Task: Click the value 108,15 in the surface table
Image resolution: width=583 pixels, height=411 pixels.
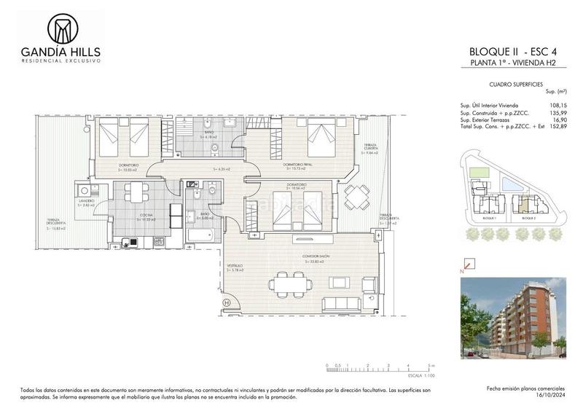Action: point(556,106)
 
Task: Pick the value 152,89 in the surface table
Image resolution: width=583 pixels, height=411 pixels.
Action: point(556,128)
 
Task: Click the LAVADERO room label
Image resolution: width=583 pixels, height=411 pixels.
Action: point(87,200)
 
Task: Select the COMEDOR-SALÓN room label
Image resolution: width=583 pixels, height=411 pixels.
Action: point(317,257)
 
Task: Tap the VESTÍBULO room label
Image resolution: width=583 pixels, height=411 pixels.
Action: point(235,265)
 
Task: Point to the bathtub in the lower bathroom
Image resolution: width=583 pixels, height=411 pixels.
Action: point(200,235)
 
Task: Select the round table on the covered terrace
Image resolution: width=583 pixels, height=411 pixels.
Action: point(357,195)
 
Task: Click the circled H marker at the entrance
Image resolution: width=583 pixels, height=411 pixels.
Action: point(227,302)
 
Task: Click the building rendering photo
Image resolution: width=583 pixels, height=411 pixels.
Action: point(514,316)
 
